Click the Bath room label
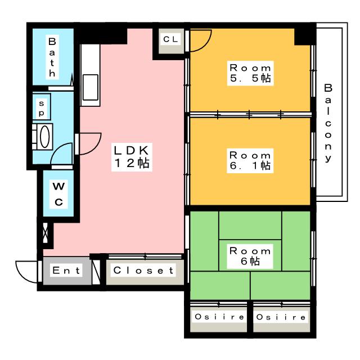click(51, 57)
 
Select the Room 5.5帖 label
click(250, 73)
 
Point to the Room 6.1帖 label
click(250, 160)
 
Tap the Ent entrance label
click(66, 271)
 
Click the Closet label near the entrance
click(144, 271)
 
